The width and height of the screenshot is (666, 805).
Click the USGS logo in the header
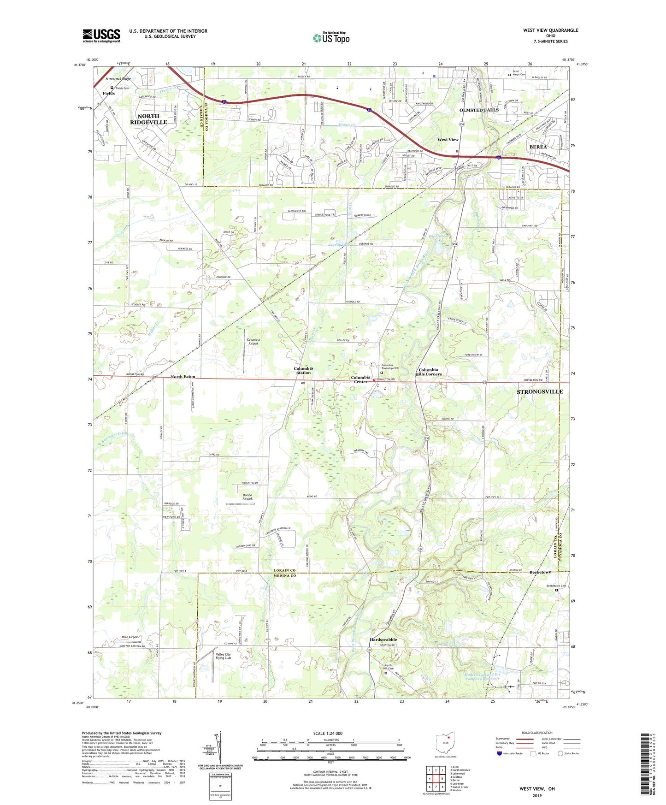point(101,36)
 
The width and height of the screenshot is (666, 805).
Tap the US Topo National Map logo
point(331,38)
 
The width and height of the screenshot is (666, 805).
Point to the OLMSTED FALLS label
point(478,110)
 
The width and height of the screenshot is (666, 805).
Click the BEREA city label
point(538,147)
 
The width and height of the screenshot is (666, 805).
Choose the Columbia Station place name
point(303,370)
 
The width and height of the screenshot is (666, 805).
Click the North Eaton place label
point(183,377)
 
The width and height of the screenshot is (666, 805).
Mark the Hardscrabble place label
point(383,639)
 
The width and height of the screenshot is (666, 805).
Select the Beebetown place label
point(540,572)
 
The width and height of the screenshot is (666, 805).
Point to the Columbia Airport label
point(253,342)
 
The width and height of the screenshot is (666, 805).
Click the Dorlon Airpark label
point(248,497)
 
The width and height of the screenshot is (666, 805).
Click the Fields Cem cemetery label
point(122,88)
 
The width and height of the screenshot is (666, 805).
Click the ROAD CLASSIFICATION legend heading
point(537,733)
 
